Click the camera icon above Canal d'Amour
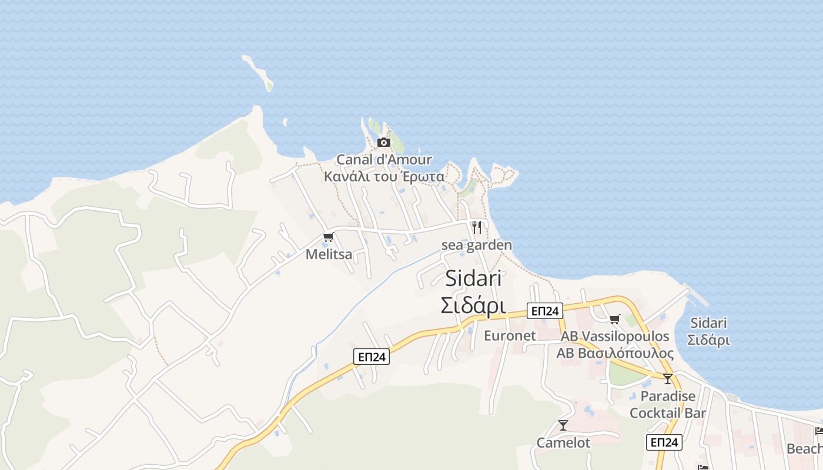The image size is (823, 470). pyautogui.click(x=384, y=142)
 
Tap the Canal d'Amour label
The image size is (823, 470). pyautogui.click(x=384, y=160)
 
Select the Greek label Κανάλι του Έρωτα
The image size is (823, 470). pyautogui.click(x=384, y=176)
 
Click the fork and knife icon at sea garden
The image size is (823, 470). pyautogui.click(x=477, y=227)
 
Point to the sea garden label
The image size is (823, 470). pyautogui.click(x=477, y=245)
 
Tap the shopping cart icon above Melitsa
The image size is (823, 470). pyautogui.click(x=328, y=237)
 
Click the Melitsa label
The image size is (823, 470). pyautogui.click(x=329, y=254)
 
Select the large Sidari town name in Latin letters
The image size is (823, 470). pyautogui.click(x=473, y=278)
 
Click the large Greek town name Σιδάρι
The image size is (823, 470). pyautogui.click(x=473, y=305)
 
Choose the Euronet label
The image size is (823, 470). pyautogui.click(x=510, y=335)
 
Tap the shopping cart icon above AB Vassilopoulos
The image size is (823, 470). pyautogui.click(x=614, y=319)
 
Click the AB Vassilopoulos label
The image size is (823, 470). pyautogui.click(x=615, y=337)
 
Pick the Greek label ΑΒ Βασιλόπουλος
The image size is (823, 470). pyautogui.click(x=615, y=353)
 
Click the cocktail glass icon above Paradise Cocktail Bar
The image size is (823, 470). pyautogui.click(x=667, y=378)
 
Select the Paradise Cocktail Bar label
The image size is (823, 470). pyautogui.click(x=668, y=404)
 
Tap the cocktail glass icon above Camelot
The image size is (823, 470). pyautogui.click(x=563, y=425)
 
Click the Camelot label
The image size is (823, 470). pyautogui.click(x=563, y=442)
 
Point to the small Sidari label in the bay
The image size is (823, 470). pyautogui.click(x=708, y=331)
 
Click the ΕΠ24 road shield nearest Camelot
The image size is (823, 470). pyautogui.click(x=664, y=442)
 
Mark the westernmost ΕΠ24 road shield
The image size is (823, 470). pyautogui.click(x=372, y=356)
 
